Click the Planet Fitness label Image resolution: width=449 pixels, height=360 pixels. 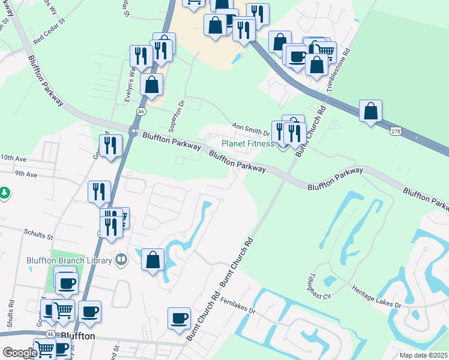click(247, 143)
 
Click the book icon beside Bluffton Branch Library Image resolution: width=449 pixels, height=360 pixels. click(121, 259)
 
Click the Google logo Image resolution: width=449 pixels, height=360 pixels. click(19, 353)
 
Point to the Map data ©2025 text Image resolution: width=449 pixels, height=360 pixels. click(423, 355)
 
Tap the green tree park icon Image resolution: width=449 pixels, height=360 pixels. click(5, 193)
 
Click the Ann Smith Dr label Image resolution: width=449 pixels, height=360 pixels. click(252, 128)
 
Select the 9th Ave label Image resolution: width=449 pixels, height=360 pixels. click(26, 175)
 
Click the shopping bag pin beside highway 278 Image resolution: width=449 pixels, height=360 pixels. click(371, 112)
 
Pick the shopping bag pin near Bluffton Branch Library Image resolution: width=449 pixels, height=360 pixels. click(153, 260)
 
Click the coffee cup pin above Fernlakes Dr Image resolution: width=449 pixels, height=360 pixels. click(179, 318)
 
